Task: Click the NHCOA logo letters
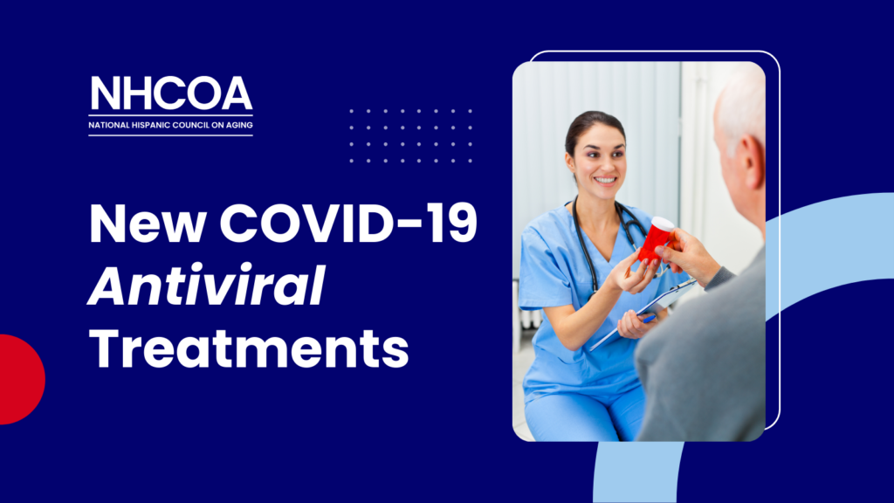(171, 93)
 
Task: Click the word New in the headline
(147, 224)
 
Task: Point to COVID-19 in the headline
(348, 224)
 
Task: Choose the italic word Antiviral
(206, 286)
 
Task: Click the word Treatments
(249, 348)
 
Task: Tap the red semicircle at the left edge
(22, 379)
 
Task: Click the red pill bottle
(655, 241)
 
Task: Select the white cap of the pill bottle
(664, 224)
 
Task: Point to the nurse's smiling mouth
(604, 182)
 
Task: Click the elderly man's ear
(753, 162)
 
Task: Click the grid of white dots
(410, 135)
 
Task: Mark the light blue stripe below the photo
(638, 472)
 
